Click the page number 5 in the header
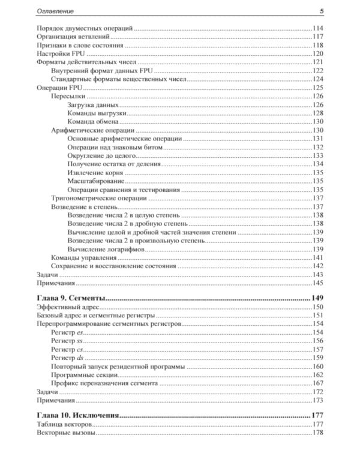322,11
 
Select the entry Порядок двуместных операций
85,28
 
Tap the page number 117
317,37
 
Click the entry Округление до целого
98,155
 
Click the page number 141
317,257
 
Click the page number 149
316,298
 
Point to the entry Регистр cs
67,349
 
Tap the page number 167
317,383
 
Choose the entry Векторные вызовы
66,433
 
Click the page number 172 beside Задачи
317,391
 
